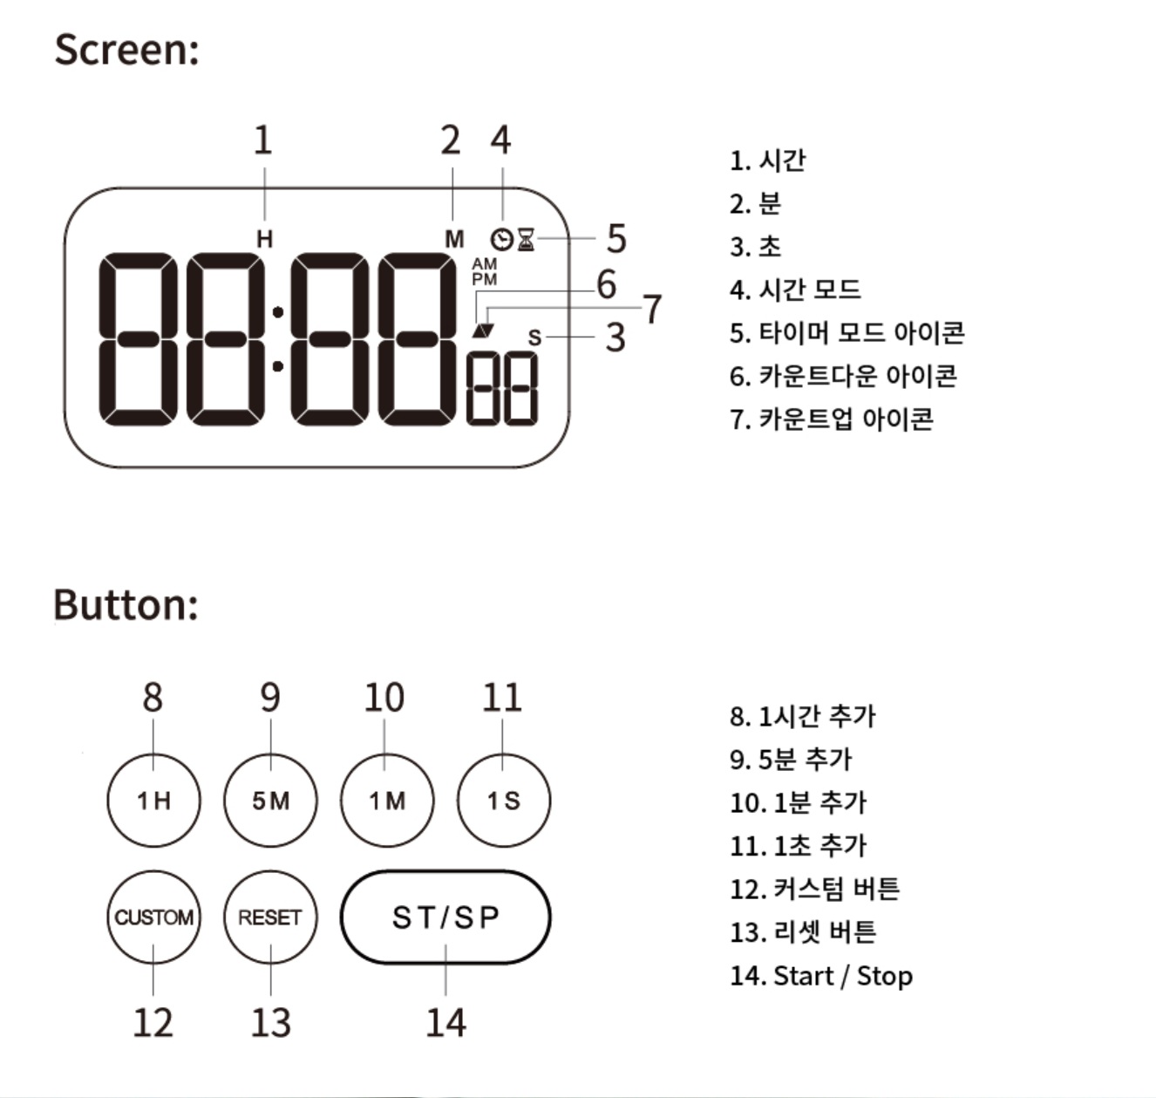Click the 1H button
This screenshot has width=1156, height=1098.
(x=153, y=801)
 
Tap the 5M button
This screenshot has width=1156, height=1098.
(x=270, y=801)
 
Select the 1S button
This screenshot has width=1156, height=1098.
(x=503, y=801)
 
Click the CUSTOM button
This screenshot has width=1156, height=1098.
(x=153, y=917)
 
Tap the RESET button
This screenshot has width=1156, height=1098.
(x=270, y=917)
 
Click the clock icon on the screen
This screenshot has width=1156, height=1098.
(x=501, y=239)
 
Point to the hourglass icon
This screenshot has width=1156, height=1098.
(x=526, y=239)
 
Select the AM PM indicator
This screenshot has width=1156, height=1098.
(x=484, y=271)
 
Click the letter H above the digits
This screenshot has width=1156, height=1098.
(x=264, y=239)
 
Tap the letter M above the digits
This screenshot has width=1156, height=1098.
(x=454, y=239)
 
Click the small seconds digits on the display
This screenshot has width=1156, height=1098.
(x=502, y=389)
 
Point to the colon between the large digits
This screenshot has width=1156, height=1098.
(x=277, y=339)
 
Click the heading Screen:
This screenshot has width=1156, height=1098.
(x=126, y=49)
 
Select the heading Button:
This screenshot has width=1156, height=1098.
(x=126, y=604)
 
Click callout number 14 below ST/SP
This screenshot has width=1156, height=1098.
(x=445, y=1022)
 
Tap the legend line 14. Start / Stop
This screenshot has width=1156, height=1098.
(x=820, y=975)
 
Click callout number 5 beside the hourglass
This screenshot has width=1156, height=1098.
(x=616, y=238)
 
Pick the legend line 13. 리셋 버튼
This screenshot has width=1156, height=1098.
(x=802, y=932)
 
